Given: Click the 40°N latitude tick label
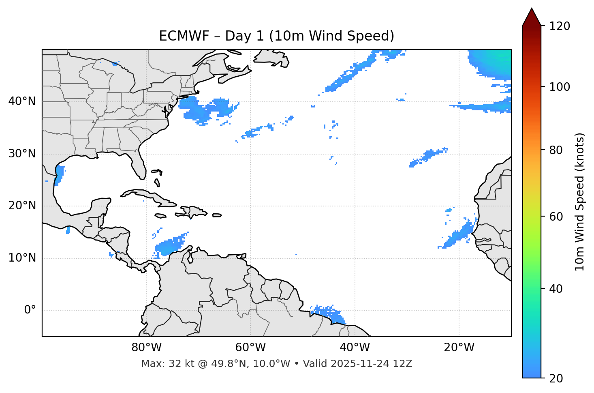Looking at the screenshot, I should (x=22, y=101).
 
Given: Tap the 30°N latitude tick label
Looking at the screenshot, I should (x=22, y=154).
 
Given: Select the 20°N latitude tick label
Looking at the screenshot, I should (x=22, y=206).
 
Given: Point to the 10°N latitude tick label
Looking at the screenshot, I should (x=22, y=258).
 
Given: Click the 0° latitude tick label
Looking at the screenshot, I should (x=30, y=310).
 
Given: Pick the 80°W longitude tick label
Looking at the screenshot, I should (x=146, y=348).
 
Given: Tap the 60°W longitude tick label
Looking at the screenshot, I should (x=250, y=348).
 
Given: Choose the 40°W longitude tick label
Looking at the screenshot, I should (x=355, y=348).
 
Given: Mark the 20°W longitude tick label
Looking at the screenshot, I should (x=459, y=348).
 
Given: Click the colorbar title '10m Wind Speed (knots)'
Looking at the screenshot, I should (x=580, y=202).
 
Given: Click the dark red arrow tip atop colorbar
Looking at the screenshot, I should (x=532, y=17).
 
